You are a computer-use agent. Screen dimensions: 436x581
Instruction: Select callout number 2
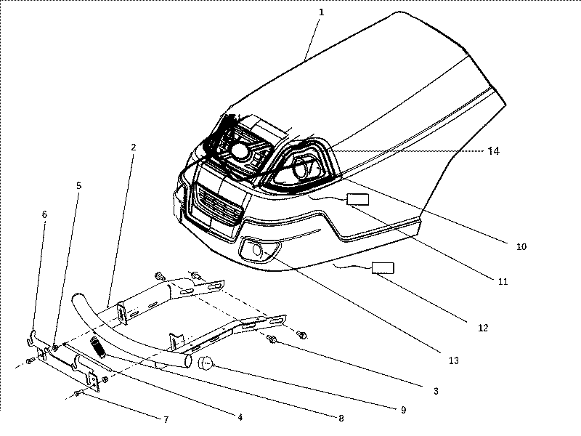click(x=133, y=147)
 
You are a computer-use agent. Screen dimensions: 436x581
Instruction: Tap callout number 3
click(x=435, y=391)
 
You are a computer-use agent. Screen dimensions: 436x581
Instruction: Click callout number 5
click(x=78, y=185)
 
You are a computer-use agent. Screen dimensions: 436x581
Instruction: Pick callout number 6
click(x=44, y=215)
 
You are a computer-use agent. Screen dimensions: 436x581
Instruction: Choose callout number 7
click(x=165, y=420)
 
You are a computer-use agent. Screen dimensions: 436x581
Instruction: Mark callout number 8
click(x=341, y=418)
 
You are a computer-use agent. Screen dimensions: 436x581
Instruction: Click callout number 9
click(x=402, y=410)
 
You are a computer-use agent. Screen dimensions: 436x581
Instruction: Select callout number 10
click(x=521, y=246)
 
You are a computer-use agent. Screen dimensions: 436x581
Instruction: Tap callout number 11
click(x=503, y=280)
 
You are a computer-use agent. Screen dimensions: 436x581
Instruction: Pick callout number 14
click(x=493, y=151)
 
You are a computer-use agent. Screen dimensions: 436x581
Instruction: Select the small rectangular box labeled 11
click(x=357, y=199)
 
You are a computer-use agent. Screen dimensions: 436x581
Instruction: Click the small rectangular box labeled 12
click(x=382, y=267)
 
